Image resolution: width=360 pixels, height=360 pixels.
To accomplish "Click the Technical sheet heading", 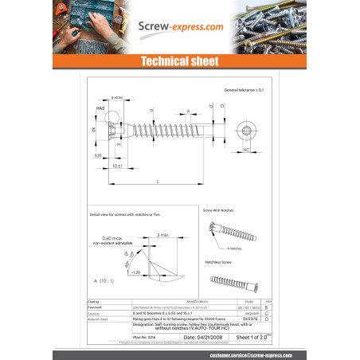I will coord(179,61).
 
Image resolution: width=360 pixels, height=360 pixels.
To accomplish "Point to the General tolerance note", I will coord(243,91).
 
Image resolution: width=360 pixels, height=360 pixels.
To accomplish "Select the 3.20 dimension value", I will coord(98,156).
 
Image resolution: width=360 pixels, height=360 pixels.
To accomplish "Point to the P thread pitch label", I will coord(188,112).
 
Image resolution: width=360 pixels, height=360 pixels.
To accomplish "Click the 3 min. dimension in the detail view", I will coord(164,235).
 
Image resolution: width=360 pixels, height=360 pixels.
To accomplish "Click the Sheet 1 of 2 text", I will coord(245,337).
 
